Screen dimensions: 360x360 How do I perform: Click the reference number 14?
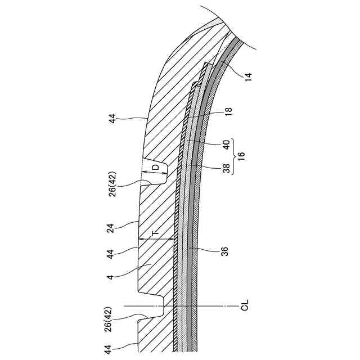click(x=249, y=76)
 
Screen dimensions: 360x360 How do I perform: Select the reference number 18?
click(x=229, y=111)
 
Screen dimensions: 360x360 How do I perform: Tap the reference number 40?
click(x=227, y=145)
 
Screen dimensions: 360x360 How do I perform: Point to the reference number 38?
click(x=226, y=169)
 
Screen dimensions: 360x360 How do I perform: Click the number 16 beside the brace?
click(x=242, y=156)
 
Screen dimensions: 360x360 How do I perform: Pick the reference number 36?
click(x=225, y=251)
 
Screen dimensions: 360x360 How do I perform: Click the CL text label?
click(x=245, y=305)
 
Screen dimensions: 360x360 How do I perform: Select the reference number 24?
click(x=111, y=229)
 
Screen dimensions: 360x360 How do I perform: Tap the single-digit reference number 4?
click(x=111, y=277)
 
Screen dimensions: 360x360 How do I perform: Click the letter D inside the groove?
click(x=156, y=167)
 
